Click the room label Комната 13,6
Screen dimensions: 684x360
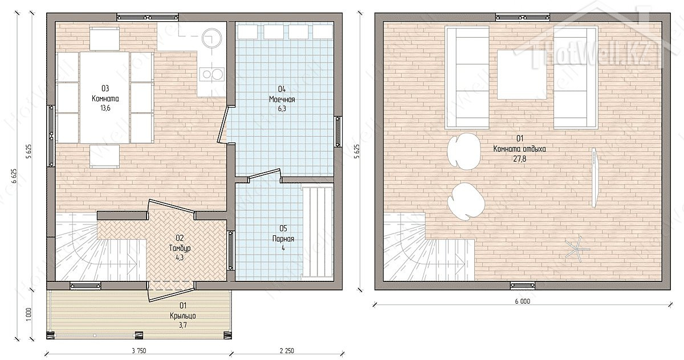point(105,98)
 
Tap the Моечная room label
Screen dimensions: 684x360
point(282,99)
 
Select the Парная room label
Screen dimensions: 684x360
point(283,238)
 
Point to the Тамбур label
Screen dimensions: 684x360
point(180,248)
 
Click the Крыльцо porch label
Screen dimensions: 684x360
point(183,315)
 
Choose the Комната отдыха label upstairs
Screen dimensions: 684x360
point(519,149)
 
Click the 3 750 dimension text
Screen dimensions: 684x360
point(139,351)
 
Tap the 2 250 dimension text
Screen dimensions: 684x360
point(287,351)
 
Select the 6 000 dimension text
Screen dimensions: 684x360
point(523,301)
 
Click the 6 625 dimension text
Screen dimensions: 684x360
point(14,176)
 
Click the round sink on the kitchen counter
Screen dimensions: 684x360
point(211,38)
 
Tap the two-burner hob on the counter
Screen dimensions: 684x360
point(211,74)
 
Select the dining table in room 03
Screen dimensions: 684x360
point(105,97)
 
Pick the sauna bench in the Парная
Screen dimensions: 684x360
point(317,232)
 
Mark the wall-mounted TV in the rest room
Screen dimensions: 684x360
point(594,178)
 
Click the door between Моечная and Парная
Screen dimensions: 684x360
point(264,175)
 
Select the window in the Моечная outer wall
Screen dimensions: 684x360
point(337,132)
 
